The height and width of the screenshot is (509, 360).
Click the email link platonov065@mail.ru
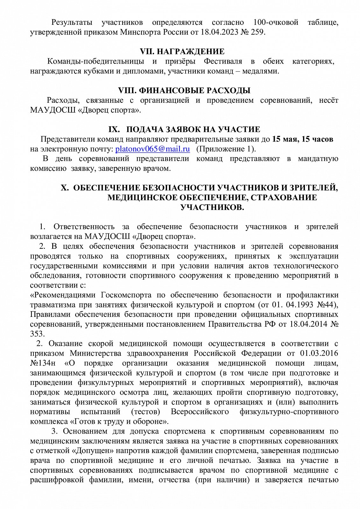[152, 149]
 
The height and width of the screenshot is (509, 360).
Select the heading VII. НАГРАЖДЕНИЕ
[182, 52]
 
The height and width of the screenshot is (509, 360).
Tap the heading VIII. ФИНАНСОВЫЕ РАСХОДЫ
[184, 90]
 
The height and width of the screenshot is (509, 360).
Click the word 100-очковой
[276, 22]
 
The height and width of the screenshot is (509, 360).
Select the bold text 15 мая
[285, 139]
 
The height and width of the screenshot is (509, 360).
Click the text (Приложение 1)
[226, 149]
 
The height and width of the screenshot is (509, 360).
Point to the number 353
[37, 334]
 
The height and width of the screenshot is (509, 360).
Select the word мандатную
[318, 158]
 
